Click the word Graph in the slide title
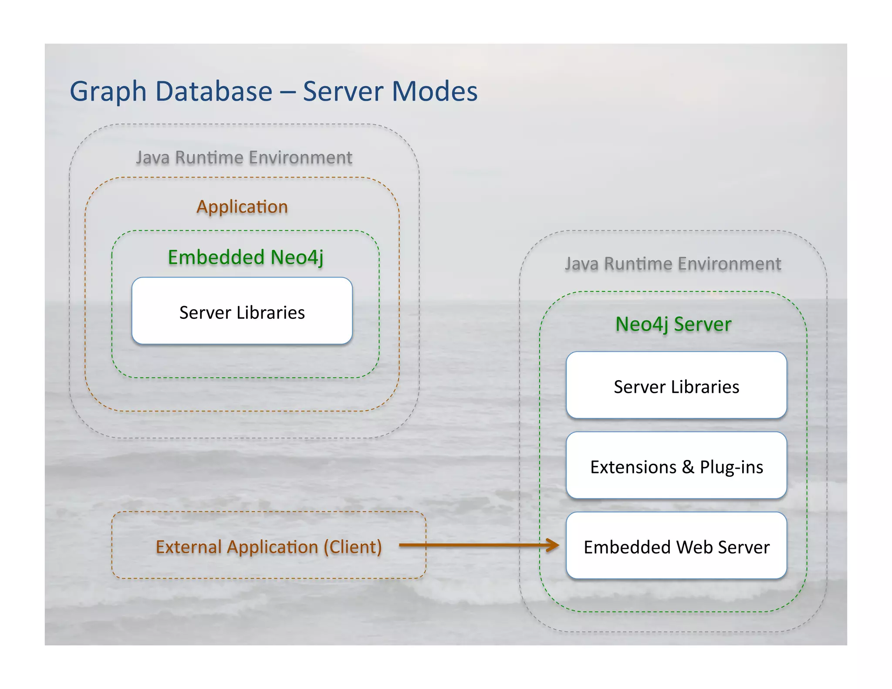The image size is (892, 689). pos(108,92)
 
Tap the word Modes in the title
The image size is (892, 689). pos(434,91)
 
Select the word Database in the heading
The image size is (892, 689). pos(214,91)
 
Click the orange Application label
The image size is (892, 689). pos(242,207)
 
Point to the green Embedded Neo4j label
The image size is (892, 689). pos(246,257)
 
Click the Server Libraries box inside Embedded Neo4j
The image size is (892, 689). pos(242,311)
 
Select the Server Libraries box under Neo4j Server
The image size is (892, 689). pos(676,385)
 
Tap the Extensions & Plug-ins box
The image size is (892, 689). pos(676,466)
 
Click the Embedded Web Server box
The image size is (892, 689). pos(676,546)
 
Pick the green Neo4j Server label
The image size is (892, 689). pos(673,324)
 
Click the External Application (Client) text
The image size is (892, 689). pos(269,547)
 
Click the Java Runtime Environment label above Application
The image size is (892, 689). pos(244,158)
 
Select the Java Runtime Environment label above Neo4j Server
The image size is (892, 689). pos(673,264)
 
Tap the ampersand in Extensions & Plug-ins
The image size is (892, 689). pos(688,467)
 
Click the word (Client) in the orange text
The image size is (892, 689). pos(353,547)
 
